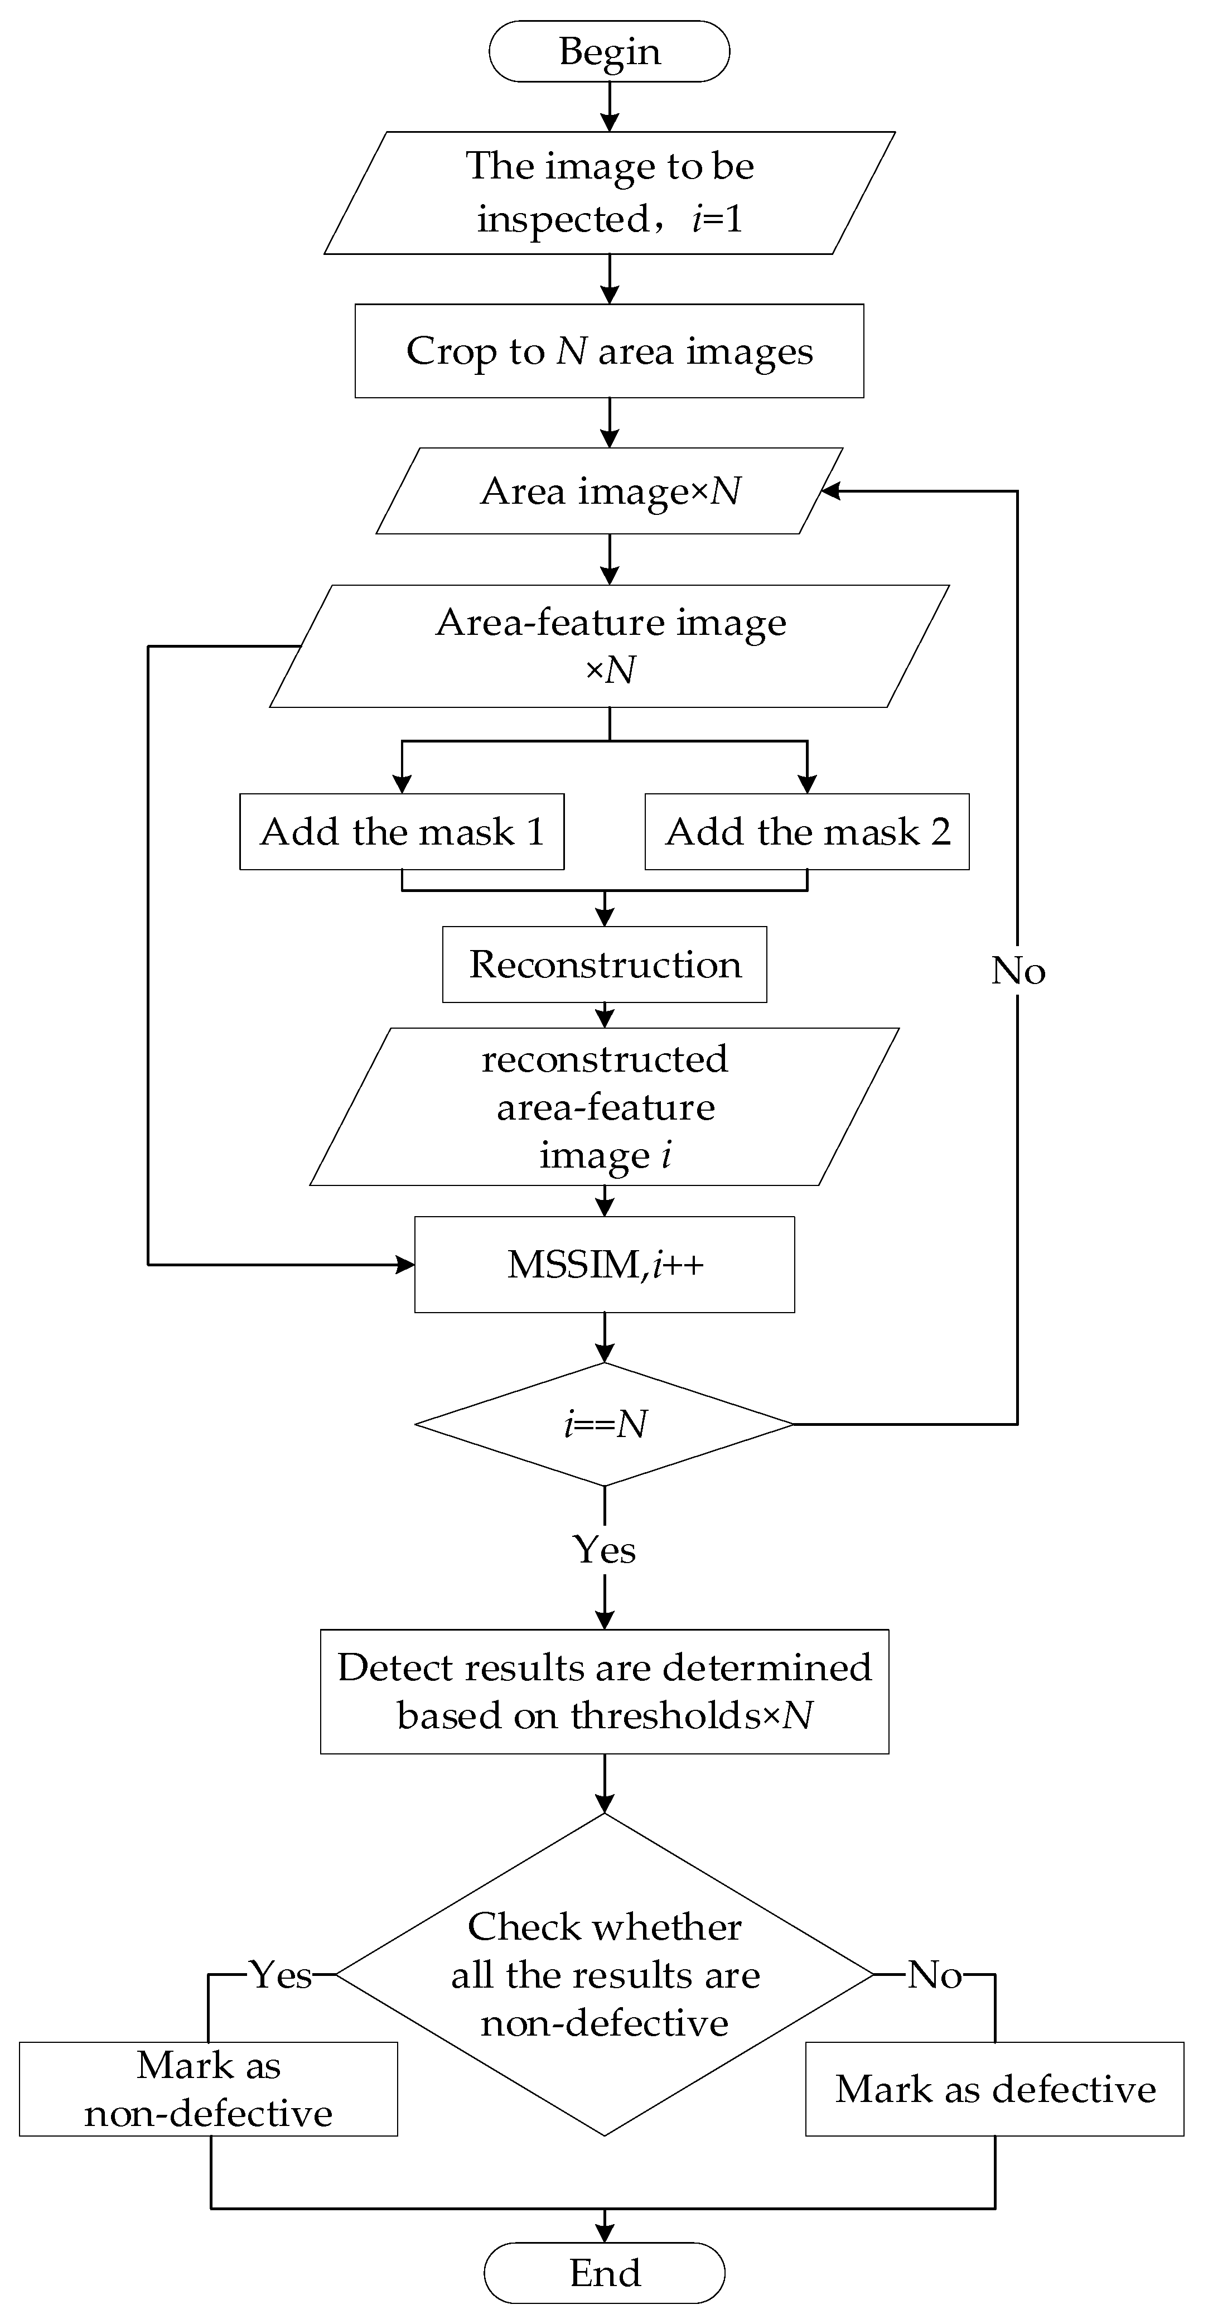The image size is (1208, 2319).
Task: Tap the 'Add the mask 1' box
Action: [x=402, y=832]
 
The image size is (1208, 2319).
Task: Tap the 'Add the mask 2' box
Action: [x=806, y=832]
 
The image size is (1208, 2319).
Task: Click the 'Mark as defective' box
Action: [x=994, y=2089]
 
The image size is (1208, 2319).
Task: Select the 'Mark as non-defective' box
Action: [x=208, y=2089]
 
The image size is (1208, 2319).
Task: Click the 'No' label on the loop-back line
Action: [x=1017, y=971]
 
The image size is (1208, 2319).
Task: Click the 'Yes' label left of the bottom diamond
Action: [x=281, y=1974]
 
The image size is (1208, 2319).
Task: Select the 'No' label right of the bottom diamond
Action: [x=934, y=1974]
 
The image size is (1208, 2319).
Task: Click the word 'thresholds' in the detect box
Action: [x=665, y=1716]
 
